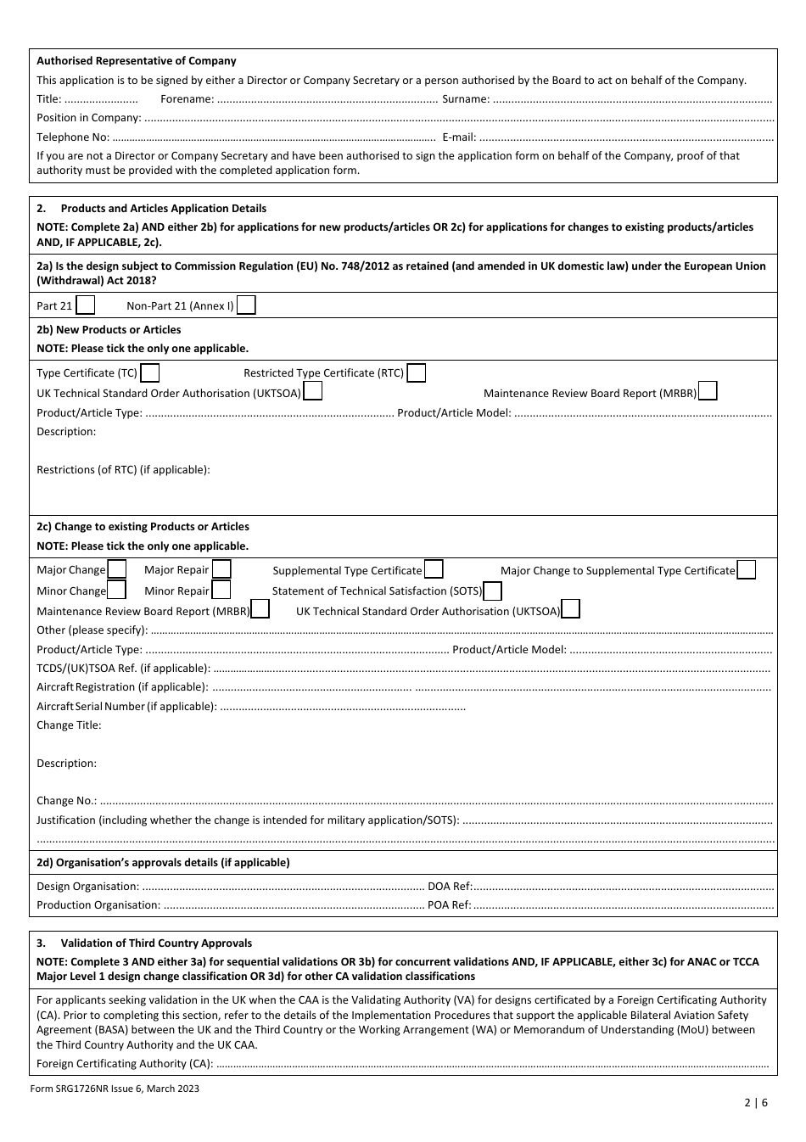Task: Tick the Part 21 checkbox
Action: click(86, 305)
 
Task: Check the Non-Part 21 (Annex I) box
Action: click(246, 305)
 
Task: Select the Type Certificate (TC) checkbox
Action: click(150, 372)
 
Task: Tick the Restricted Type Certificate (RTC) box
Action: click(417, 372)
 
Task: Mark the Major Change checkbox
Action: click(117, 569)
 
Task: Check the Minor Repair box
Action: click(221, 591)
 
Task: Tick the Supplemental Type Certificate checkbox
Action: click(434, 570)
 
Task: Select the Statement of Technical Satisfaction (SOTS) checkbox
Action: click(493, 591)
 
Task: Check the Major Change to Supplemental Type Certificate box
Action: click(747, 570)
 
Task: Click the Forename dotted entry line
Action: click(327, 100)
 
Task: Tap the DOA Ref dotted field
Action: click(624, 887)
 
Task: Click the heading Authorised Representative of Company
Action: click(137, 61)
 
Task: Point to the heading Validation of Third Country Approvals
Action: click(156, 943)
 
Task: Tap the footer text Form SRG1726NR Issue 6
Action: click(118, 1089)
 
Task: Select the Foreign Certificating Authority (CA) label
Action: click(125, 1063)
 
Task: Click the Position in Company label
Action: click(88, 118)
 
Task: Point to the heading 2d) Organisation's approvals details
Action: click(163, 862)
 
